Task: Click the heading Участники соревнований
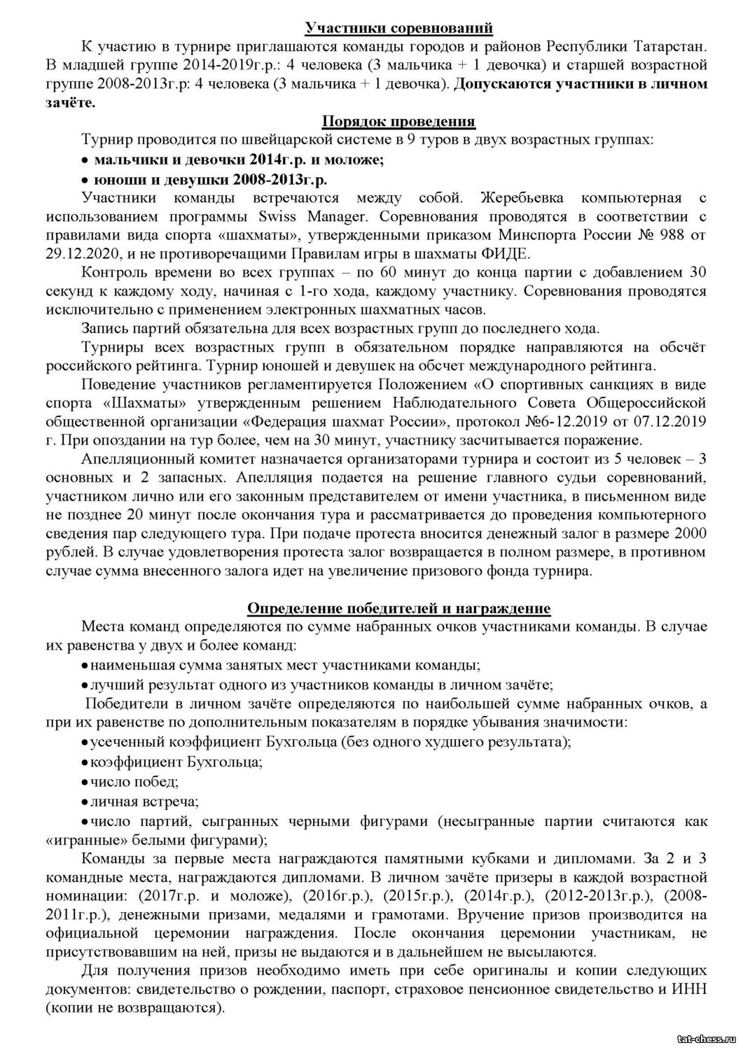click(x=398, y=28)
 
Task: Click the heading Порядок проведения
click(x=398, y=122)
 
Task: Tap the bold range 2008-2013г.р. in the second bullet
click(x=279, y=178)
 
